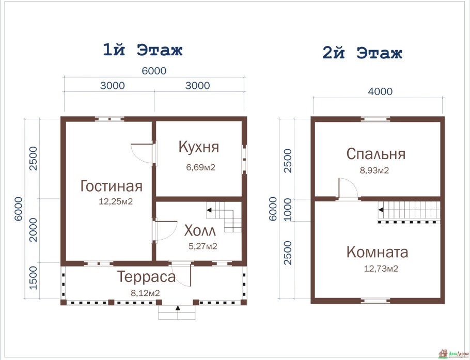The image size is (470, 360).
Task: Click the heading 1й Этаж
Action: coord(143,50)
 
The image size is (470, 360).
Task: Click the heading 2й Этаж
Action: coord(362,53)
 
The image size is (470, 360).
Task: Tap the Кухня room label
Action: coord(199,147)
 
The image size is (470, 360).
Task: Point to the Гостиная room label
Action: coord(111,186)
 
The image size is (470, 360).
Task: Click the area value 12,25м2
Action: coord(116,202)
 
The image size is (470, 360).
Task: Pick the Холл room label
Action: coord(196,229)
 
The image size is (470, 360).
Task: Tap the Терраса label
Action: coord(146,277)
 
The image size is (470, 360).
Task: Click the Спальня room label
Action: coord(375,154)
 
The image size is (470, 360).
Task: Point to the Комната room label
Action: coord(377,253)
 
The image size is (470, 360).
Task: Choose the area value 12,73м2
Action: coord(381,269)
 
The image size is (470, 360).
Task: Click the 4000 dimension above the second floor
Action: coord(380,92)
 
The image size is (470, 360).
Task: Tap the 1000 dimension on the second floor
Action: coord(288,211)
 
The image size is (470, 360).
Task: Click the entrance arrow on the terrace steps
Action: coord(178,311)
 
